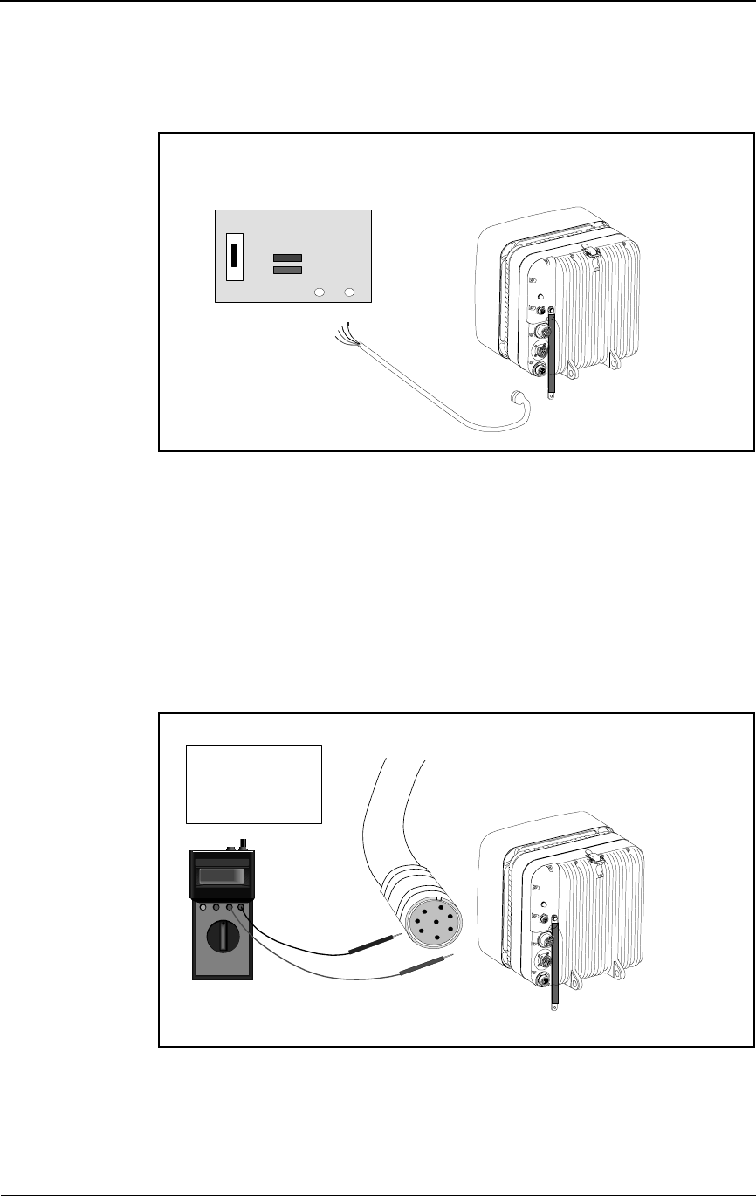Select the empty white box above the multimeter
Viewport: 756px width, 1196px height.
point(254,783)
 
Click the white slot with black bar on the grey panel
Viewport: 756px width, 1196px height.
point(234,257)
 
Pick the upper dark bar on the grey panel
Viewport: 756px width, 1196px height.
point(287,258)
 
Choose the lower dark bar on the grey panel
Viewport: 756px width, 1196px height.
point(287,271)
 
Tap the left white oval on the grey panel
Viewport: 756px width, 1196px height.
point(320,292)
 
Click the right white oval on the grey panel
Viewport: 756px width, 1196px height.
point(349,292)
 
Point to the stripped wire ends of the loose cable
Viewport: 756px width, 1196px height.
point(347,337)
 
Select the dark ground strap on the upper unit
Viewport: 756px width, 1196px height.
point(551,354)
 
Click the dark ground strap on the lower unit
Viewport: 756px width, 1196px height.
point(553,960)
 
